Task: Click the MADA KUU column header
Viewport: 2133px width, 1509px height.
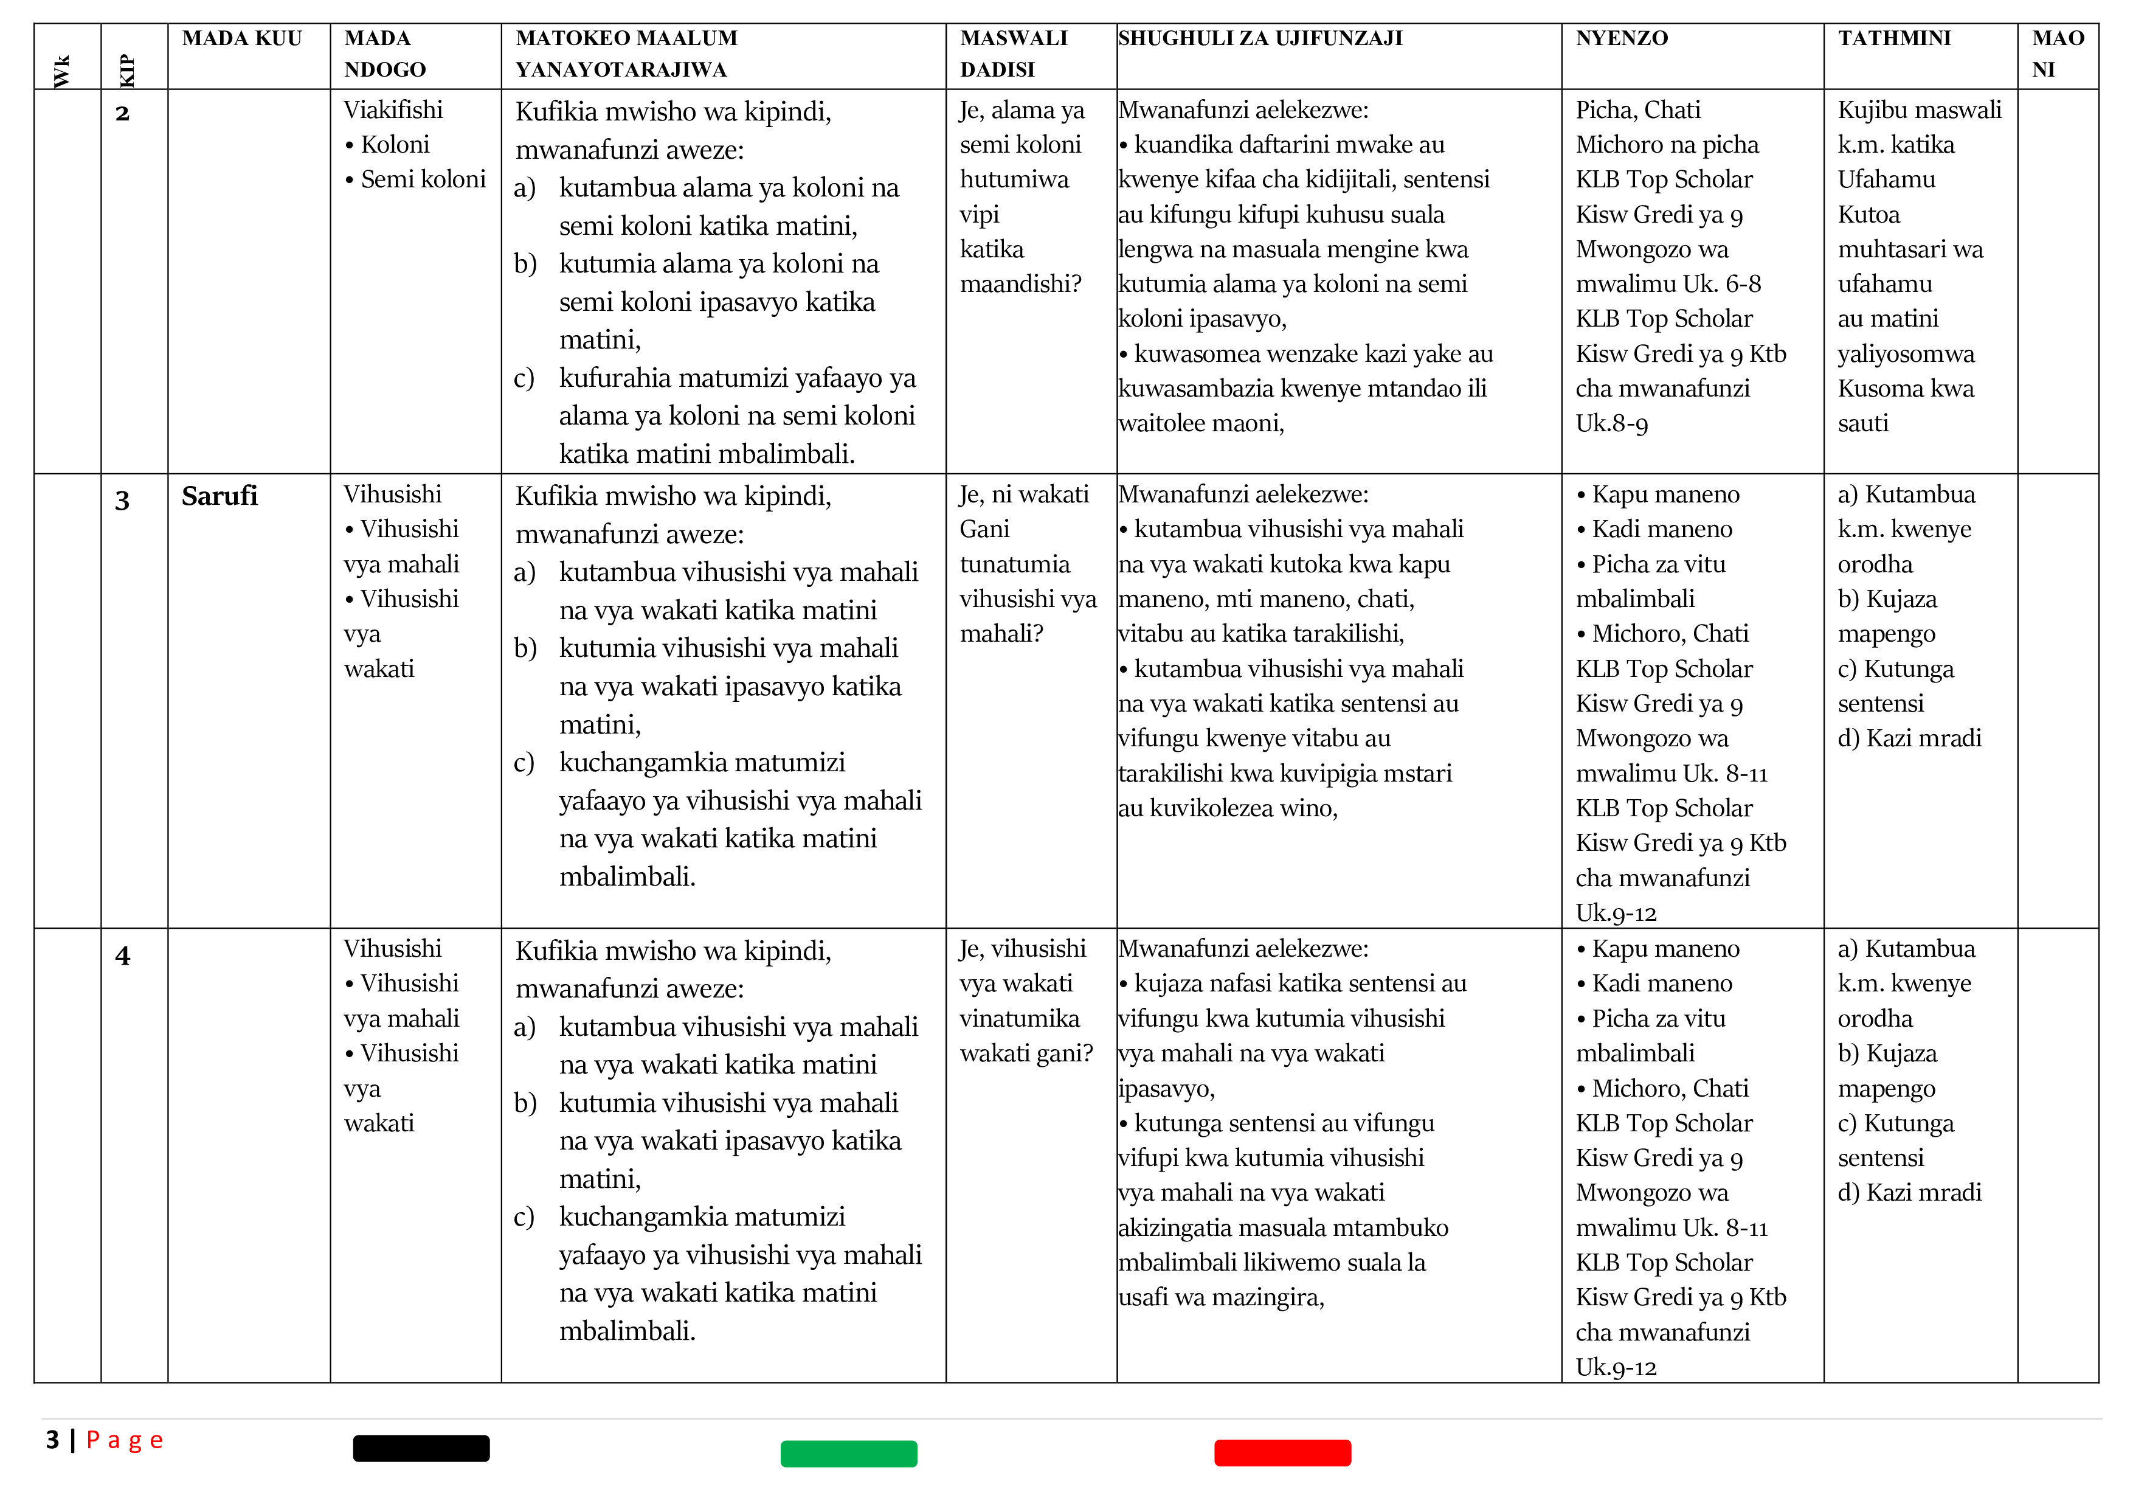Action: tap(241, 38)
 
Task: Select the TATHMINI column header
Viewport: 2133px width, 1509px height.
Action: tap(1893, 38)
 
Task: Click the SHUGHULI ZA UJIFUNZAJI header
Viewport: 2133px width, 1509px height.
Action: tap(1260, 38)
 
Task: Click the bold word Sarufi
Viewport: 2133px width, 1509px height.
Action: tap(220, 496)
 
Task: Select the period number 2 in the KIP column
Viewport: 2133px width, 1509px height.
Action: tap(122, 113)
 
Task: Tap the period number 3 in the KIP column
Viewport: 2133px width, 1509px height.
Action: tap(122, 501)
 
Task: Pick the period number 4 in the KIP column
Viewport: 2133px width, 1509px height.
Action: tap(122, 955)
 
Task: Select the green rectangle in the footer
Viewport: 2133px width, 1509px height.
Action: tap(848, 1453)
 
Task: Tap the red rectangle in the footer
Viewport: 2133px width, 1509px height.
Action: tap(1282, 1452)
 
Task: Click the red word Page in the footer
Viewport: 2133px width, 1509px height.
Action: tap(125, 1440)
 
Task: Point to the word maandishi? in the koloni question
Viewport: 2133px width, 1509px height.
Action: tap(1020, 283)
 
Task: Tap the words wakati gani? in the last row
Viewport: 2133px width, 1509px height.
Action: tap(1026, 1053)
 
